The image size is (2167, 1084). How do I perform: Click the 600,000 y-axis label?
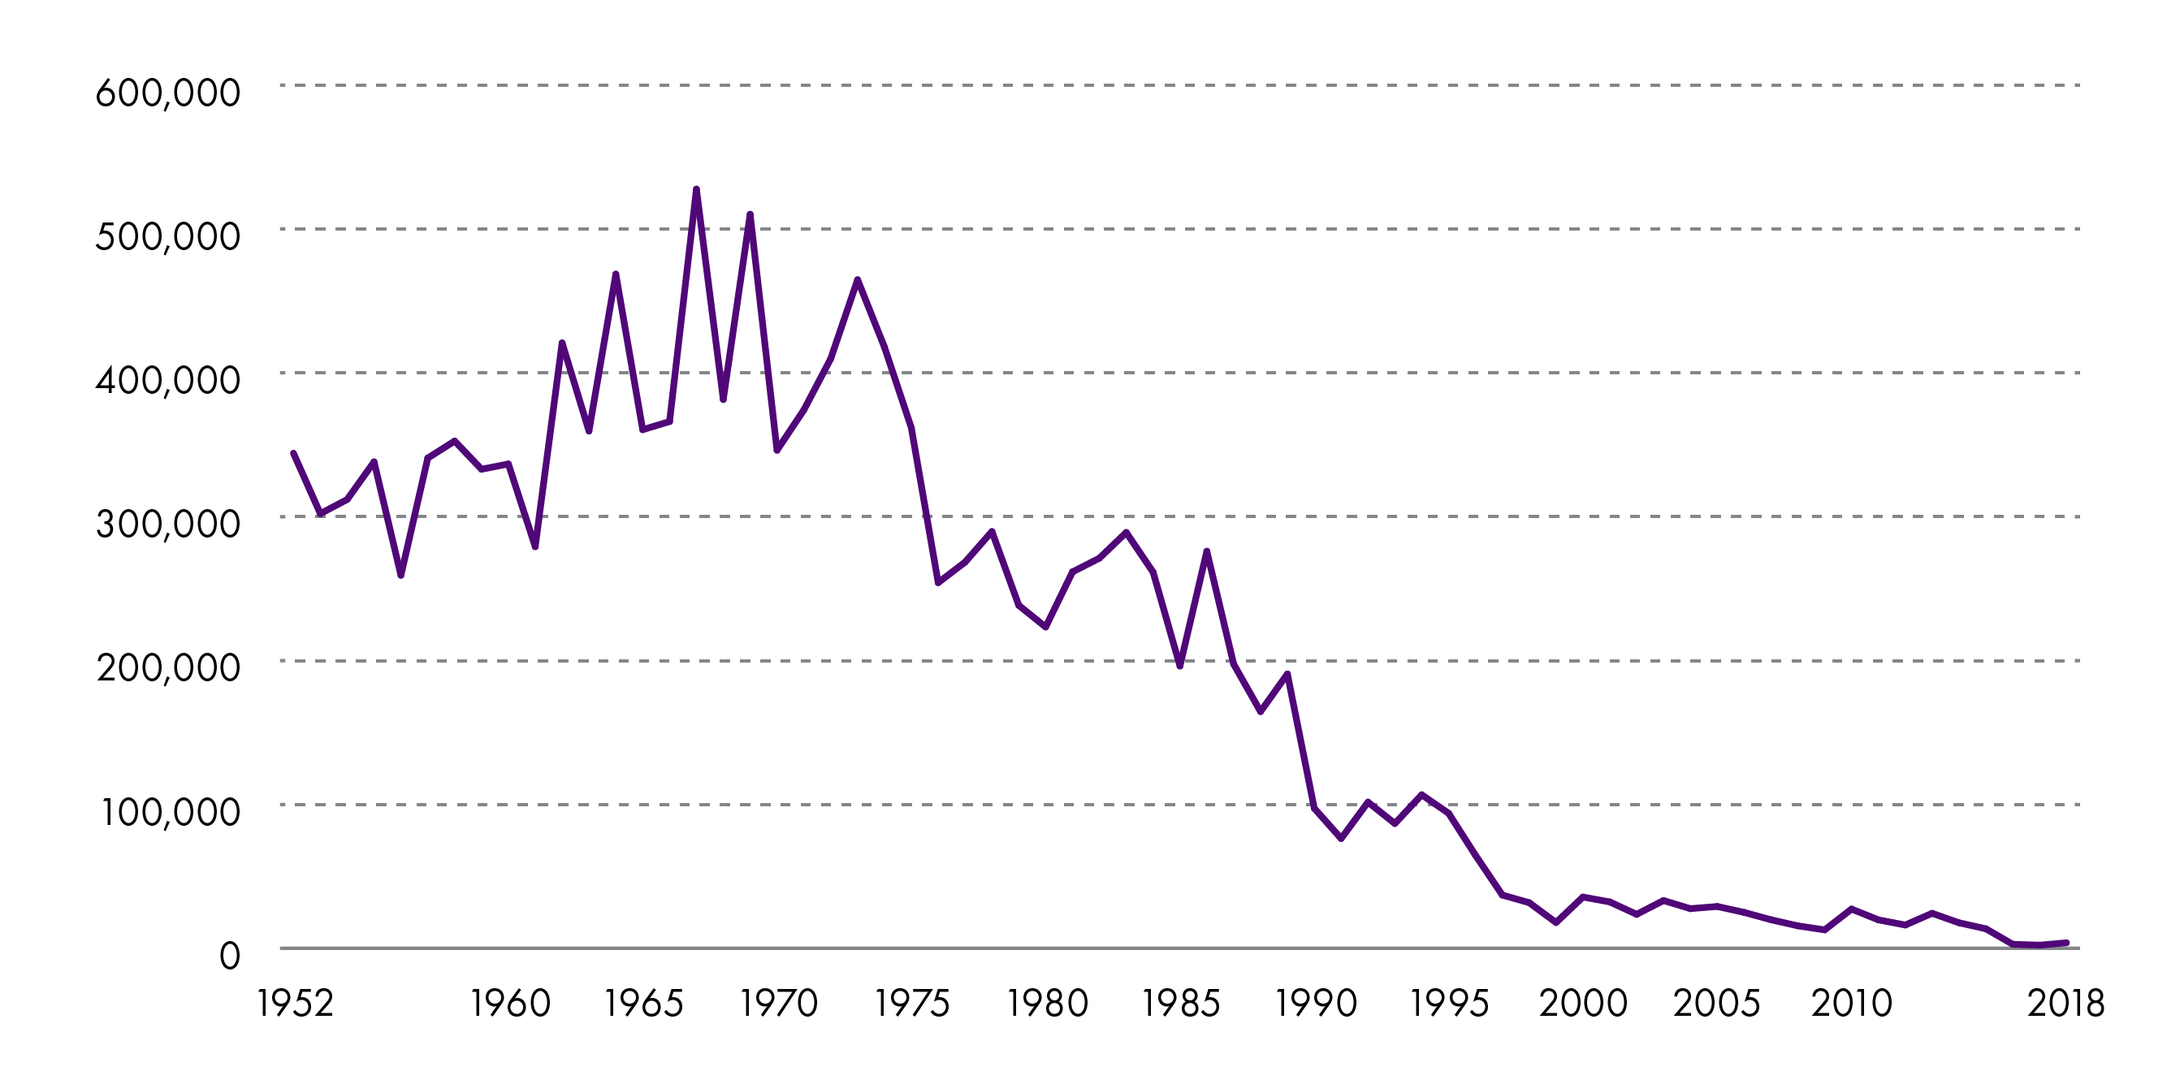pos(167,93)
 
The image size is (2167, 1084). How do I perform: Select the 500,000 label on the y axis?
pos(167,236)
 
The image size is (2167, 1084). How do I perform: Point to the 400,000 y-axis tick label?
pos(167,380)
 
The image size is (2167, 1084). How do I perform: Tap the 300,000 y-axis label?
pos(167,524)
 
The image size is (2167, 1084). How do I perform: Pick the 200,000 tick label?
pos(167,667)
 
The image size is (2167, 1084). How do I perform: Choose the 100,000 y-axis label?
pos(170,812)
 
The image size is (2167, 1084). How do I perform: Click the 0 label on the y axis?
pos(229,957)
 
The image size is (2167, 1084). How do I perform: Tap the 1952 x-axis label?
pos(296,1004)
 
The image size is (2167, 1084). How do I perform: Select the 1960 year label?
pos(510,1004)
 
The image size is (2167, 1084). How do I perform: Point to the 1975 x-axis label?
pos(912,1004)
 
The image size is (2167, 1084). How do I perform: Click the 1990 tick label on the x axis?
pos(1316,1004)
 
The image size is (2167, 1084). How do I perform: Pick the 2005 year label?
pos(1716,1004)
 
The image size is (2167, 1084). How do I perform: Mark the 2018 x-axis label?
pos(2065,1004)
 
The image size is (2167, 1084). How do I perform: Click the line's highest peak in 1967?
pos(697,189)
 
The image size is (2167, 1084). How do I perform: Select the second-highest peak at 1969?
pos(750,214)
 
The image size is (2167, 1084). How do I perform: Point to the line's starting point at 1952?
pos(293,453)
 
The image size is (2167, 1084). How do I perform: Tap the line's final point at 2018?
pos(2066,943)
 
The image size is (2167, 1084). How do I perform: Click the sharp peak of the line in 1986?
pos(1206,551)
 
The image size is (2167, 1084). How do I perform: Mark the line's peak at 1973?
pos(857,279)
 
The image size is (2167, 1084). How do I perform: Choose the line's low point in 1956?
pos(401,575)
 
